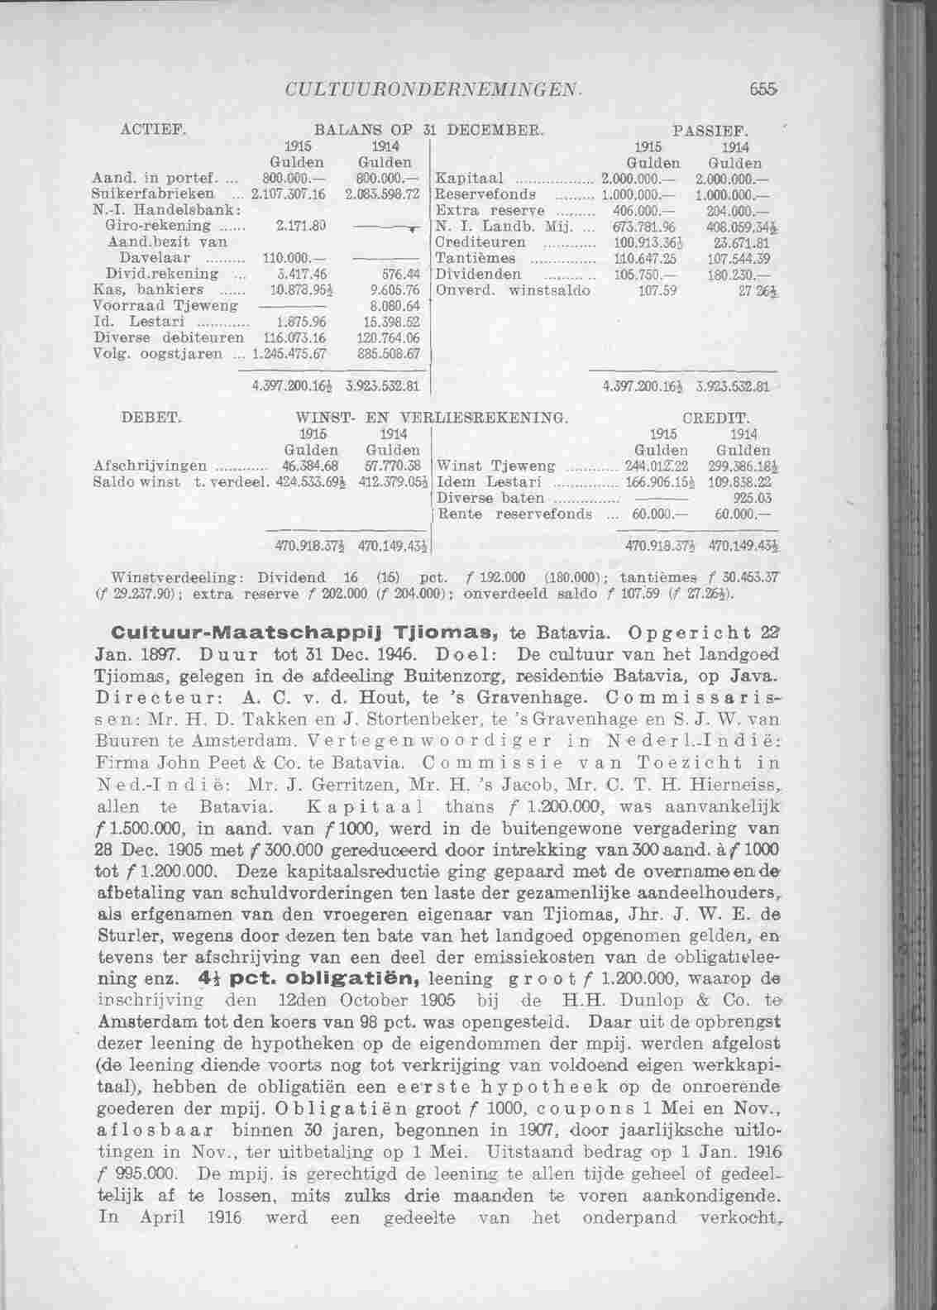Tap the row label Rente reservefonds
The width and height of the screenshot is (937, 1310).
[514, 514]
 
